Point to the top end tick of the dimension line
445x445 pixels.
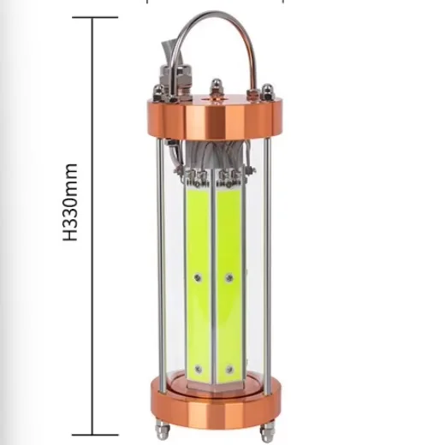tap(92, 17)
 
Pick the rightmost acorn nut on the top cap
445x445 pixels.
tap(267, 91)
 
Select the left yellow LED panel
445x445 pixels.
tap(198, 274)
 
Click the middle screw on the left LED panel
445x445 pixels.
tap(199, 276)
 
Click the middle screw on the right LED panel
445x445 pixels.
tap(229, 276)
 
